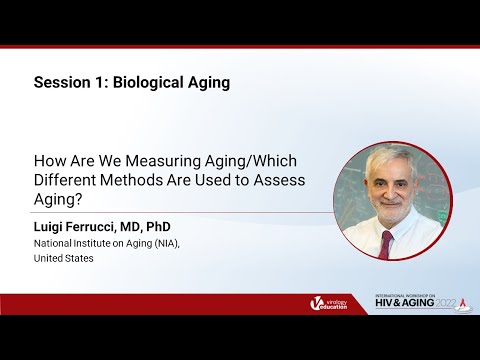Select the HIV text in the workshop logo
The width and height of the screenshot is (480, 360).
click(x=387, y=307)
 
